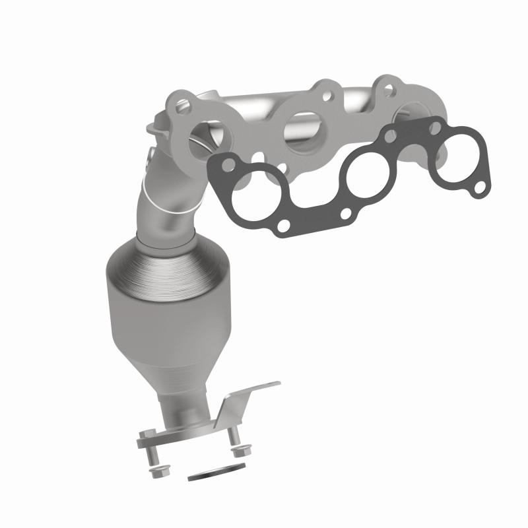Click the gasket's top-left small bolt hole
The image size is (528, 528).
[228, 162]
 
